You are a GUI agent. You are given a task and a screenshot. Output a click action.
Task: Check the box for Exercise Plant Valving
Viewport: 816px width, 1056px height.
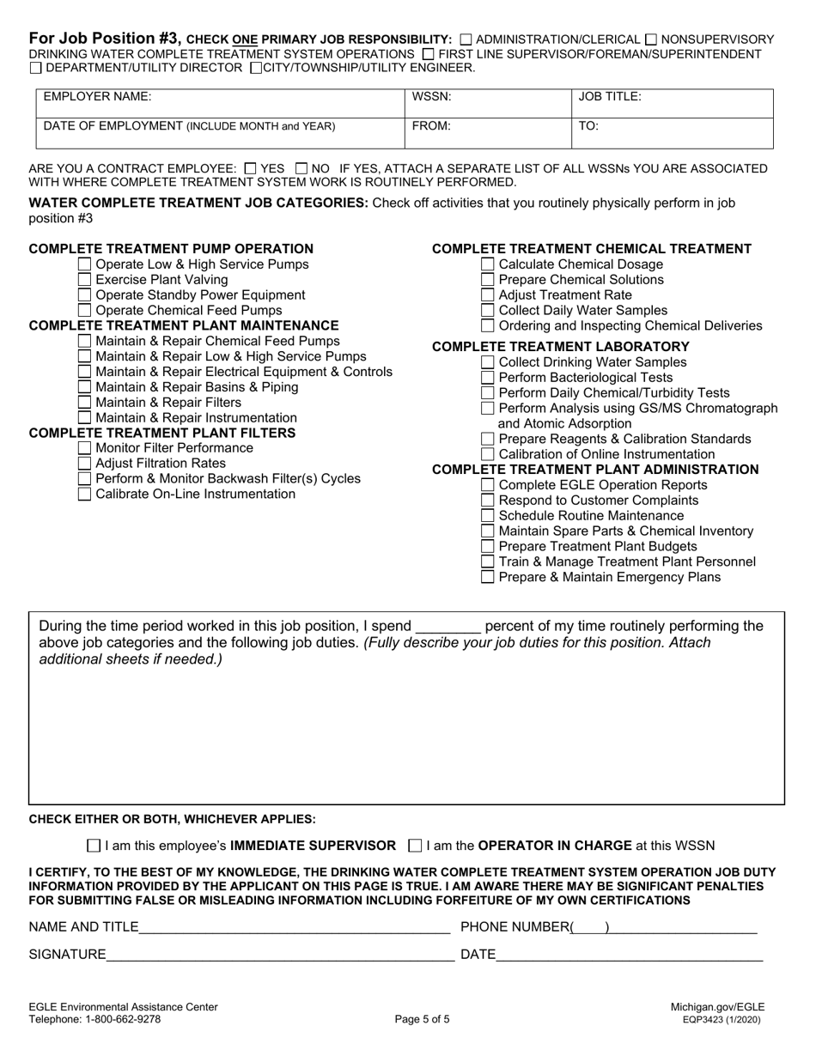84,280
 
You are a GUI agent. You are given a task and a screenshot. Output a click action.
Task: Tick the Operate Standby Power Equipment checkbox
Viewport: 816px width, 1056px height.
84,295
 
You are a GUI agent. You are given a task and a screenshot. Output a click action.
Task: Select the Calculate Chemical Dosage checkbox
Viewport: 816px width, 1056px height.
487,264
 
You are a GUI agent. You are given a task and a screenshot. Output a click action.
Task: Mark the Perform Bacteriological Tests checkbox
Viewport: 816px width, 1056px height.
487,378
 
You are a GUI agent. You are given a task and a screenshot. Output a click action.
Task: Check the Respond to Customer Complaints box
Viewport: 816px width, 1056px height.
487,501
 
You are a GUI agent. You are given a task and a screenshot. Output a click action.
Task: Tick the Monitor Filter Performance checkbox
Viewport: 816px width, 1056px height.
84,448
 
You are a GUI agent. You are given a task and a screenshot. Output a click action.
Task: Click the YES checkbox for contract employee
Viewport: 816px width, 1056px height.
250,169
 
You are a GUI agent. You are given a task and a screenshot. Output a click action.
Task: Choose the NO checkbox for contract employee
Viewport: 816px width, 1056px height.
301,169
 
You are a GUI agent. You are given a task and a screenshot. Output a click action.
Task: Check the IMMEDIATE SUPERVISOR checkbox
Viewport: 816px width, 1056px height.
94,846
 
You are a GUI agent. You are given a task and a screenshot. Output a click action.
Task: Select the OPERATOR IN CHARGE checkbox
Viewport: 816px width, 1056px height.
416,846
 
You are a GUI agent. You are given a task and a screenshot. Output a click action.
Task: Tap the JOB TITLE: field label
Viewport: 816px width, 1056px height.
610,98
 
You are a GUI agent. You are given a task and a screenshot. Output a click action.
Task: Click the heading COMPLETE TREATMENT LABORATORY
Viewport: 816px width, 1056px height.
560,347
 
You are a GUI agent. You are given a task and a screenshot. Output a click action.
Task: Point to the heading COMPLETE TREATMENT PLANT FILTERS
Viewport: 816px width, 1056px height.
162,433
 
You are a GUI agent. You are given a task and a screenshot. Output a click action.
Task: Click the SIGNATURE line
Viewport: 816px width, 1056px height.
280,954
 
